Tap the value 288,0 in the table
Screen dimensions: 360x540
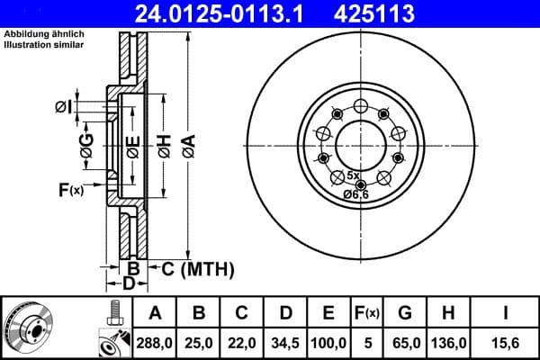(156, 341)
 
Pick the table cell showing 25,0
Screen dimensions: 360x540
(199, 341)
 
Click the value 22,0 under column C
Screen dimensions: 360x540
(242, 341)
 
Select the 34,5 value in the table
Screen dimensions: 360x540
(285, 341)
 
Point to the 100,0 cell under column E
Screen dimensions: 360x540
(329, 341)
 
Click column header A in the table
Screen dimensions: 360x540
(156, 313)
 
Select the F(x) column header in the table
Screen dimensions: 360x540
(367, 313)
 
